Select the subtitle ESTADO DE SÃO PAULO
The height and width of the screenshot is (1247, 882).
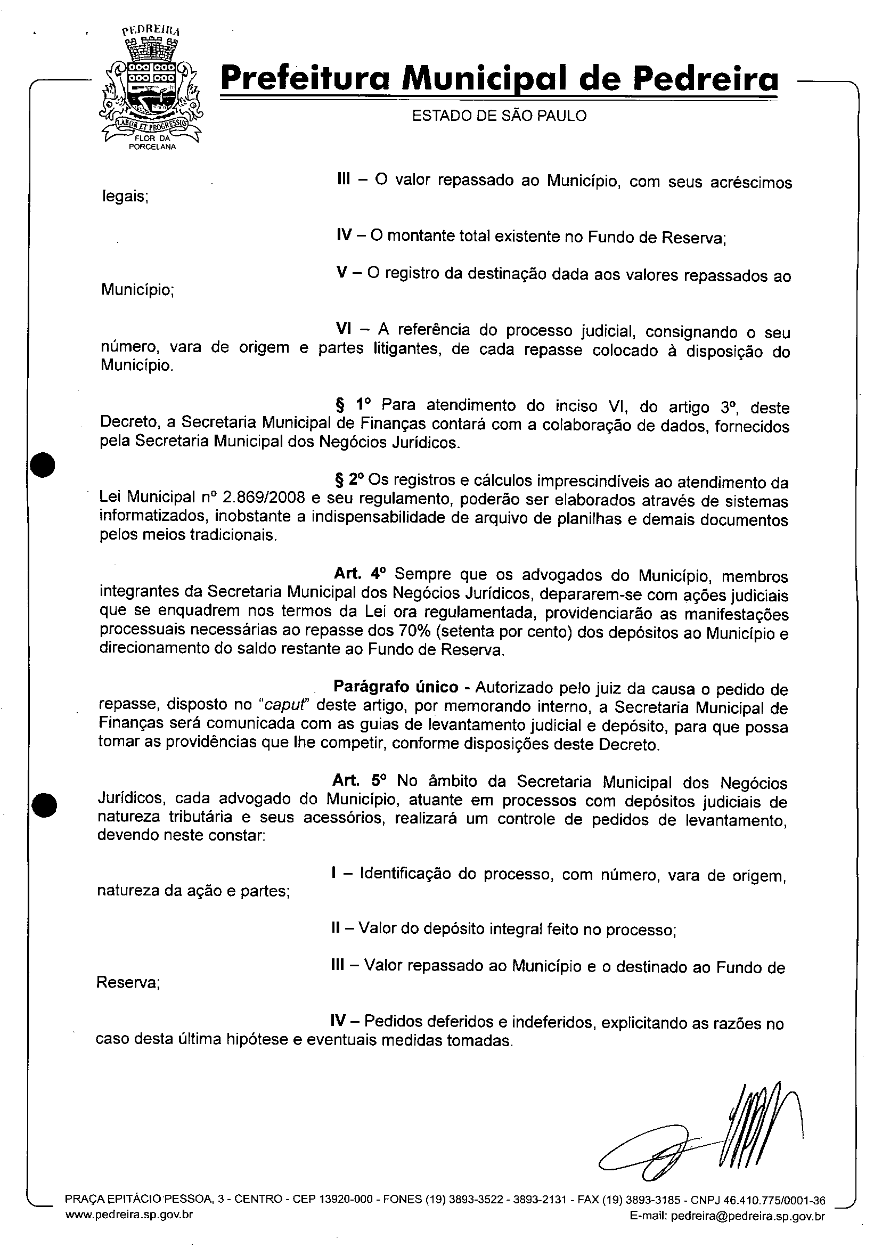pyautogui.click(x=499, y=116)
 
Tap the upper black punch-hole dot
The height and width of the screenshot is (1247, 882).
pyautogui.click(x=43, y=465)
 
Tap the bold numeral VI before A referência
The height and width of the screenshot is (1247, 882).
pyautogui.click(x=342, y=329)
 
